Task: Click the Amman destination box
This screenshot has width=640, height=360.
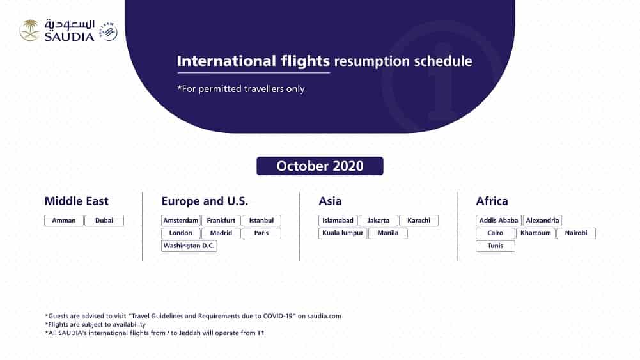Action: (x=64, y=221)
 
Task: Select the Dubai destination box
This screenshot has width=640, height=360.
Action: (x=104, y=221)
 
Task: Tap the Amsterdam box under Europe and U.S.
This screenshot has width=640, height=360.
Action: (x=181, y=221)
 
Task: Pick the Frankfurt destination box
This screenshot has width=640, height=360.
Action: (x=221, y=221)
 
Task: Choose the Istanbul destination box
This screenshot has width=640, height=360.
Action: (x=261, y=221)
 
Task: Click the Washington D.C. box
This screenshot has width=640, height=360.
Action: (x=189, y=246)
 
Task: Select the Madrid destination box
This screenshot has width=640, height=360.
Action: (x=221, y=233)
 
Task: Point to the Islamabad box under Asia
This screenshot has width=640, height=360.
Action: (x=338, y=221)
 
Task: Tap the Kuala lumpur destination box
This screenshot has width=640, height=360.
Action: (x=343, y=233)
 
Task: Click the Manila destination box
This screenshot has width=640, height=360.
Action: (x=388, y=233)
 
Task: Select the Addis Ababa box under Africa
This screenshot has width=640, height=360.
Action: (x=499, y=221)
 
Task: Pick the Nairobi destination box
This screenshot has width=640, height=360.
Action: (x=575, y=233)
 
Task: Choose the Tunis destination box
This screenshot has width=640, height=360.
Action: (x=496, y=246)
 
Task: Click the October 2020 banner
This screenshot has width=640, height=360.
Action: (x=320, y=166)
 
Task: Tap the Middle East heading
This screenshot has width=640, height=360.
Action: (x=77, y=201)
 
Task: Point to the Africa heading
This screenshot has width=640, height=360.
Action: (x=492, y=201)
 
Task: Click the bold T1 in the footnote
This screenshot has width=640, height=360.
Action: (x=260, y=333)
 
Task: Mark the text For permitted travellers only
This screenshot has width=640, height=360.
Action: (x=241, y=89)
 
